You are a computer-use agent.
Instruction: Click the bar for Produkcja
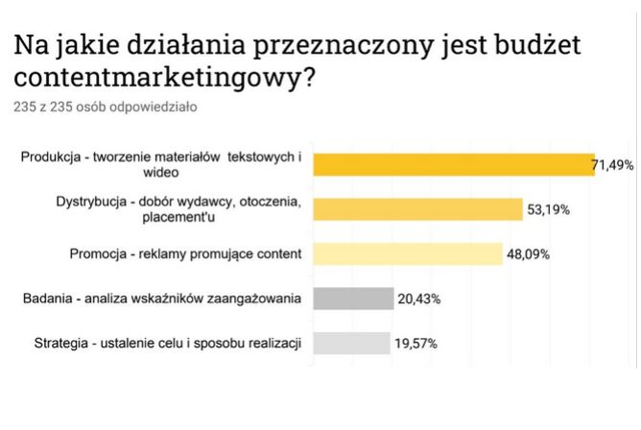click(x=455, y=165)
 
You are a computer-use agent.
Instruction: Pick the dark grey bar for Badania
click(x=353, y=299)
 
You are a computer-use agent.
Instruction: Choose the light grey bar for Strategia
click(x=351, y=343)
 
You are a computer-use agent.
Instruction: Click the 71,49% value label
click(x=613, y=166)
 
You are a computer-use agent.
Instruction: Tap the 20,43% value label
click(x=418, y=299)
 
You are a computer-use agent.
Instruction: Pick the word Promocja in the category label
click(x=97, y=254)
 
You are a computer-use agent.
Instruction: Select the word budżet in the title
click(x=536, y=44)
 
